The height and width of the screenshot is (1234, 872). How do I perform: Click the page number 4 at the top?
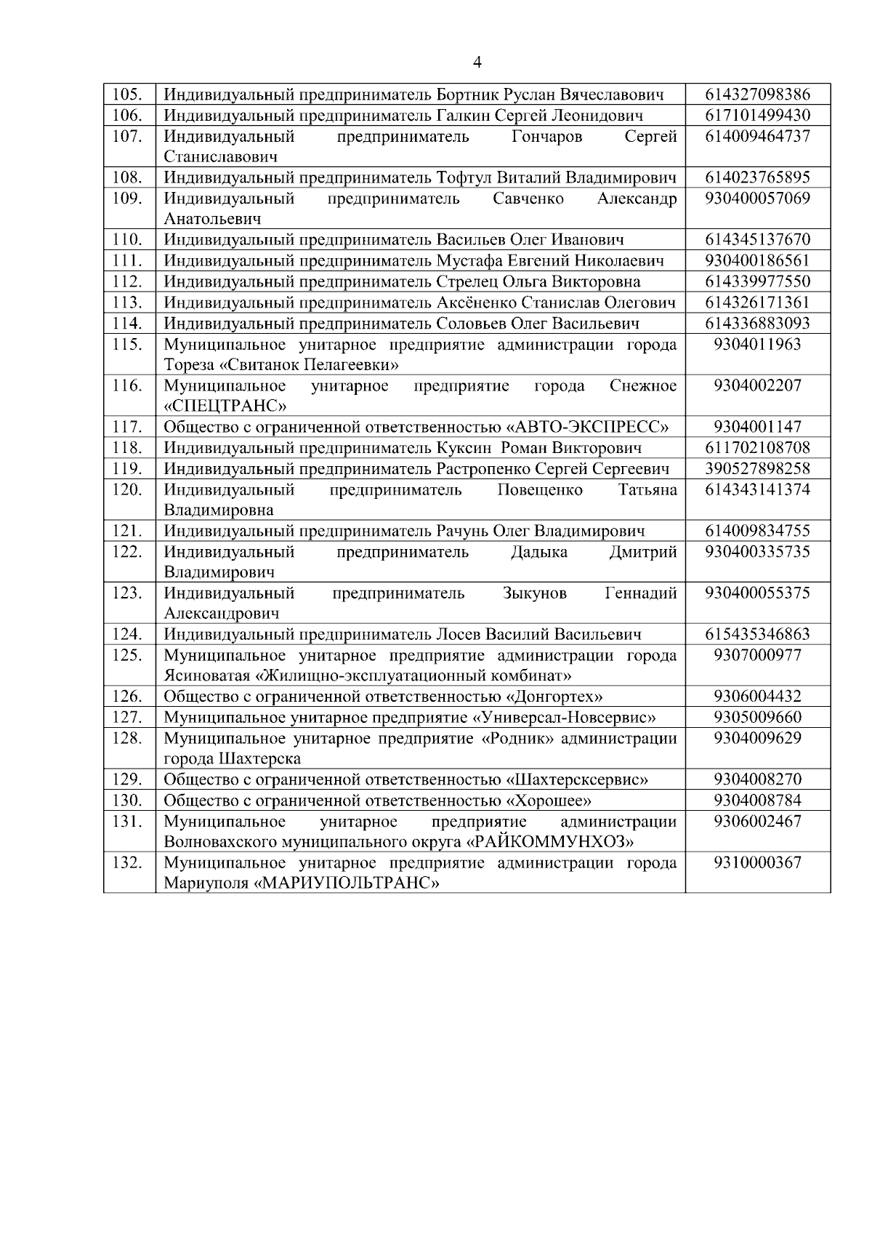tap(477, 63)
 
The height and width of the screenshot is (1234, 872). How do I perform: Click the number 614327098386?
tap(757, 95)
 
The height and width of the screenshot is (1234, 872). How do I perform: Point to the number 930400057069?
tap(757, 199)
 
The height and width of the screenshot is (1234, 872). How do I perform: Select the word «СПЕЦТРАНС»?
tap(225, 406)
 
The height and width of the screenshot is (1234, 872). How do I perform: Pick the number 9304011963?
tap(757, 344)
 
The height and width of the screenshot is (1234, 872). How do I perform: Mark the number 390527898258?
tap(757, 468)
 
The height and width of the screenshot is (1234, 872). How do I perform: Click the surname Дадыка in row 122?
tap(539, 552)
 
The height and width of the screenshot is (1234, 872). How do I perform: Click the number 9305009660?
tap(757, 718)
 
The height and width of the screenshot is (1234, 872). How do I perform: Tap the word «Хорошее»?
tap(549, 801)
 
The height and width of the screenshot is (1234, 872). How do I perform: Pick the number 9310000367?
tap(757, 862)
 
